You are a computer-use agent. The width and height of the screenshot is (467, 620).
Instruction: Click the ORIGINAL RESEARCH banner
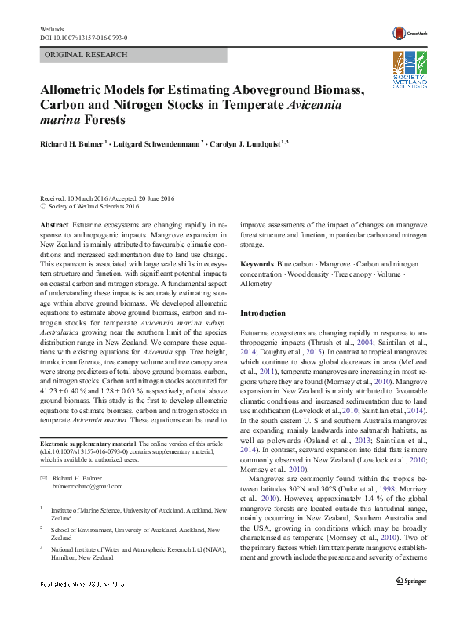tap(86, 55)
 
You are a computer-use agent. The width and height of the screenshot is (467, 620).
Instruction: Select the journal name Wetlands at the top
tap(51, 29)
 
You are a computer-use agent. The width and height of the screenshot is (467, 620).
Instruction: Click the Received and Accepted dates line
tap(106, 198)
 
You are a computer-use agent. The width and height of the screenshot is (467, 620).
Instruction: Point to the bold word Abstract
tap(54, 224)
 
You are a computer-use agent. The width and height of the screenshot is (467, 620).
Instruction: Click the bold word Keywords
tap(257, 265)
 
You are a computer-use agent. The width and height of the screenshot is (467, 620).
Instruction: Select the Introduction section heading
tap(263, 313)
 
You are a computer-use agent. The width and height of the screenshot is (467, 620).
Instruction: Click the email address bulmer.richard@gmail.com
tap(88, 487)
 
